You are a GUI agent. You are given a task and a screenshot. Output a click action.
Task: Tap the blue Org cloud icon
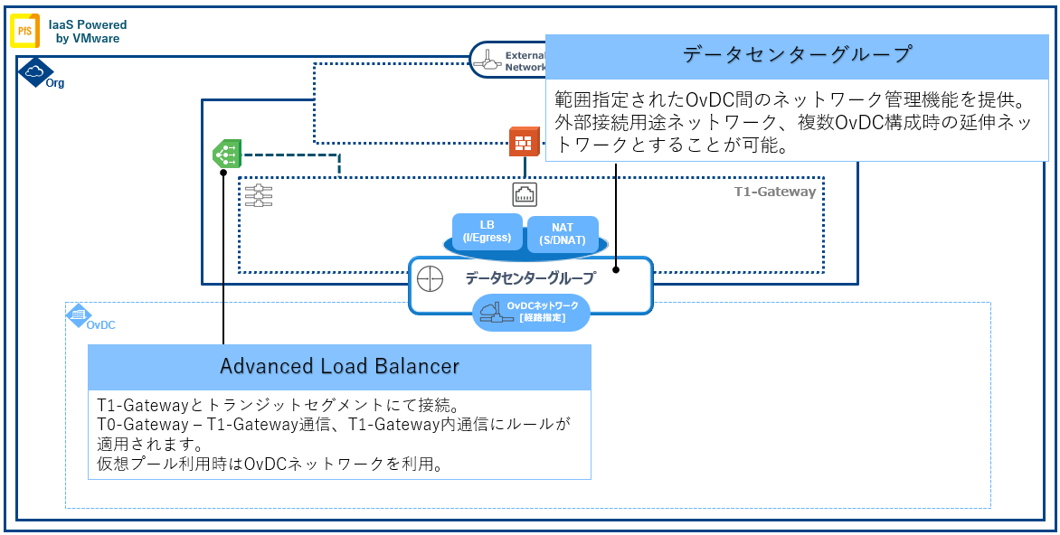point(33,71)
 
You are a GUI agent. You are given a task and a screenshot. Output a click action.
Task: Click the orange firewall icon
point(524,143)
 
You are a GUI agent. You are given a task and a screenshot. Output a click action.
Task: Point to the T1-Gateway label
point(774,192)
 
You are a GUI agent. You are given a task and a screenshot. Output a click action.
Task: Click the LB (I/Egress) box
point(487,231)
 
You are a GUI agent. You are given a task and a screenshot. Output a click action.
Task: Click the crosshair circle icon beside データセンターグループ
point(430,278)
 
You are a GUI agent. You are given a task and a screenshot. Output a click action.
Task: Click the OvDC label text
point(100,324)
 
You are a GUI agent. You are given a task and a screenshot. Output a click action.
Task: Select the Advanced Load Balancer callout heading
point(339,367)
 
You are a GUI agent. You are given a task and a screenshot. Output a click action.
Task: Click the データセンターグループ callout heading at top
point(796,54)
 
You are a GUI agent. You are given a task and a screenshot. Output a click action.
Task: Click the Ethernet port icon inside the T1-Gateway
point(525,193)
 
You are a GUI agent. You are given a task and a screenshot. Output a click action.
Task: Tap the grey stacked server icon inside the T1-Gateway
point(259,195)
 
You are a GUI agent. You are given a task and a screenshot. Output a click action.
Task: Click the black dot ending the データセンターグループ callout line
point(616,268)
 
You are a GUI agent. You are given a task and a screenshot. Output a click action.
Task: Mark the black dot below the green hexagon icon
point(222,177)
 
